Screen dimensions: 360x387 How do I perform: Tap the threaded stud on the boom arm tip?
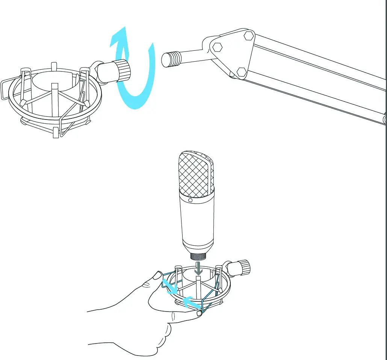pyautogui.click(x=171, y=59)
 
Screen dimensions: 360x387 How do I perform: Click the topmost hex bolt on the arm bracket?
pyautogui.click(x=248, y=36)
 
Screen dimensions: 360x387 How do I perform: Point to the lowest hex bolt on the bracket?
pyautogui.click(x=242, y=71)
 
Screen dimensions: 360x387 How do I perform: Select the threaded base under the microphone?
pyautogui.click(x=198, y=257)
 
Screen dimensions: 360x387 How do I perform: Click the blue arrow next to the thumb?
pyautogui.click(x=169, y=286)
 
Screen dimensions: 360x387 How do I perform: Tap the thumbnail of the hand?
pyautogui.click(x=156, y=277)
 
